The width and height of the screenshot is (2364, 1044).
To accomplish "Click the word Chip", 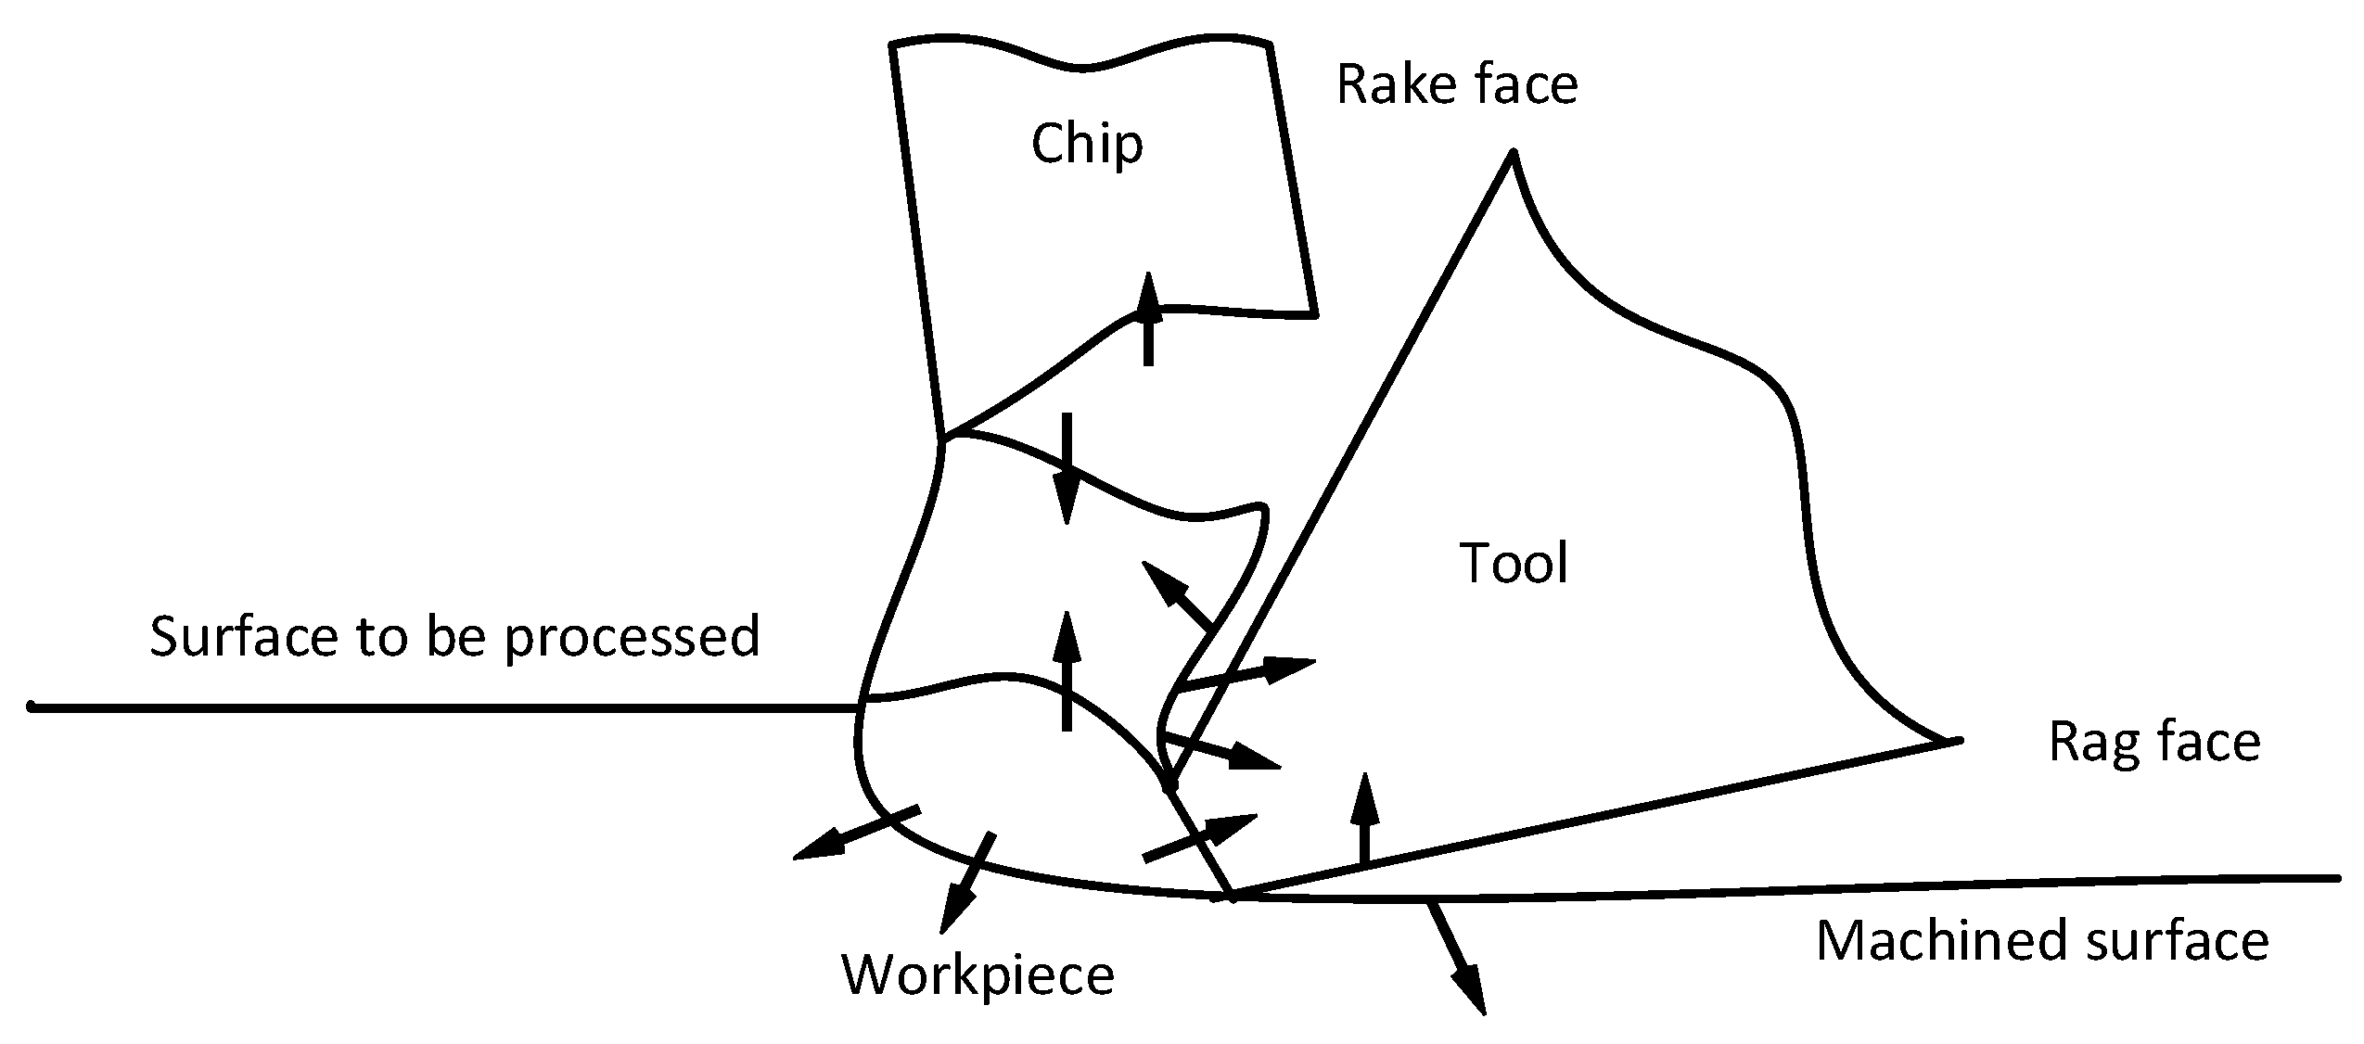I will (x=1087, y=145).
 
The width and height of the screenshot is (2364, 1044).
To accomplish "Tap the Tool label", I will (x=1514, y=563).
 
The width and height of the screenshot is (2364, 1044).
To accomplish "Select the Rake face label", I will (x=1456, y=84).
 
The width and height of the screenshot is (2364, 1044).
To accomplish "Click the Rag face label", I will (x=2153, y=743).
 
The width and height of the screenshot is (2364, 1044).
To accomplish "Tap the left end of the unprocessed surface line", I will (x=32, y=707).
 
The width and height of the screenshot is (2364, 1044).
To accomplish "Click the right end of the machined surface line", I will (x=2338, y=877).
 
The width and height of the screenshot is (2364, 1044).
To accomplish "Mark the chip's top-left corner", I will (x=892, y=44).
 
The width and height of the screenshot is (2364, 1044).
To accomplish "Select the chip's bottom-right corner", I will (x=1315, y=314).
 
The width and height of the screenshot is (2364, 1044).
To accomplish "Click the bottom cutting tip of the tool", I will (x=1232, y=897).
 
